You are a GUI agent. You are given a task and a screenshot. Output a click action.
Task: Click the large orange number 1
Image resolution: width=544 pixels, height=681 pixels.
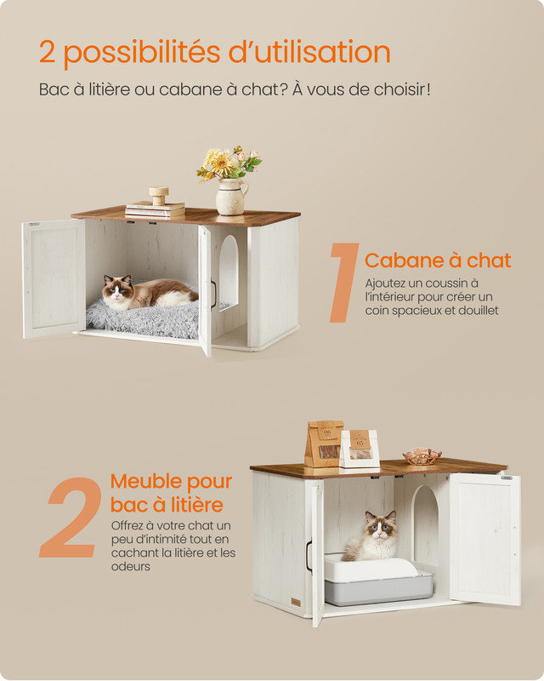tap(344, 283)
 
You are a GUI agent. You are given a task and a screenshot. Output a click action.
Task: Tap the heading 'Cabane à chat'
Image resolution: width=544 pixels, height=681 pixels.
tap(438, 260)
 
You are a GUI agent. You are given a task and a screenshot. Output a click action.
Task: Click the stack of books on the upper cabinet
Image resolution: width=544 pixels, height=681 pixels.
tap(155, 208)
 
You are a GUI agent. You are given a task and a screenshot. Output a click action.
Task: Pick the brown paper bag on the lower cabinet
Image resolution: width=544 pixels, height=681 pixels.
tap(324, 444)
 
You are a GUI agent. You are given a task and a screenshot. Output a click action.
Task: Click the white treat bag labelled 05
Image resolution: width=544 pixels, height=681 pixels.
tap(360, 449)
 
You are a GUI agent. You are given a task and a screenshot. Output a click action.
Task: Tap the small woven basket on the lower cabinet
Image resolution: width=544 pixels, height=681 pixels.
tap(422, 456)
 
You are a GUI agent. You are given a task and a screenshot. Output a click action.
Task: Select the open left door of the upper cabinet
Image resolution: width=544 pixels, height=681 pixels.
tap(54, 278)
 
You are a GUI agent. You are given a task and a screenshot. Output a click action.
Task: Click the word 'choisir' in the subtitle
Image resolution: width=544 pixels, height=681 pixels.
tap(399, 89)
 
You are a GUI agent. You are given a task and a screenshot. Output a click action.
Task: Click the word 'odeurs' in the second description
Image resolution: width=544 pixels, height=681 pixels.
tap(131, 566)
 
